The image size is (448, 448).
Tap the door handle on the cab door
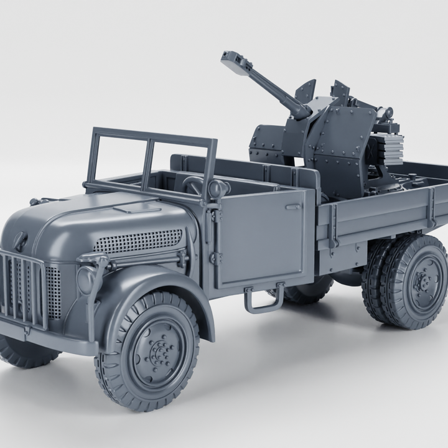292,206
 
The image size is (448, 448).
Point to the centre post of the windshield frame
148,163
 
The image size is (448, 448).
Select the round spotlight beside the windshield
216,189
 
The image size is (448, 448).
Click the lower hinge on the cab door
215,258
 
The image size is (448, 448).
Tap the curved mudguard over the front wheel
156,286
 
